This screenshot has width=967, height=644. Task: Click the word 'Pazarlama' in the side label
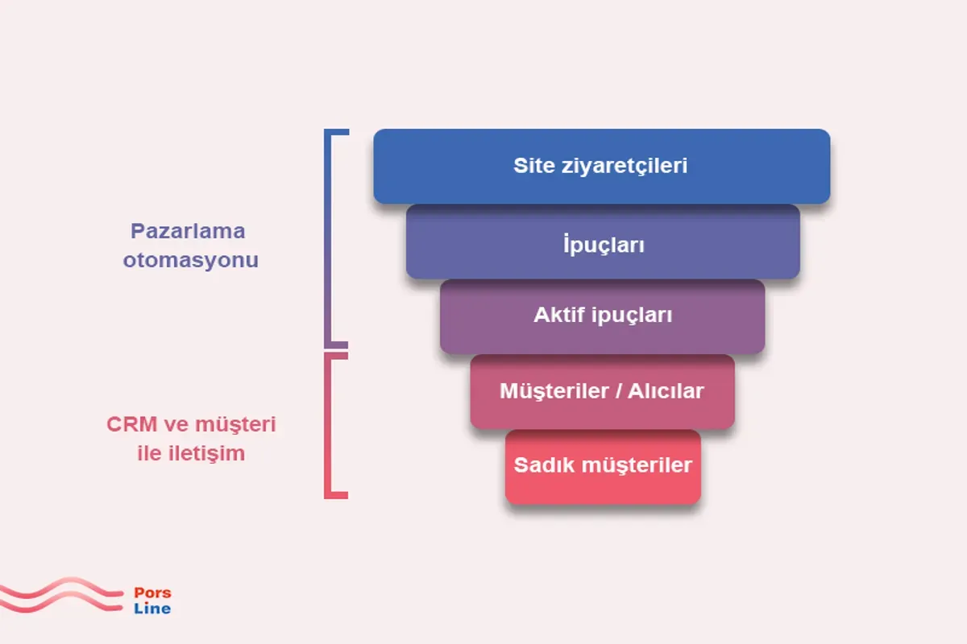point(188,232)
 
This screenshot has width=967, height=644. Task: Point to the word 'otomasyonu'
point(191,261)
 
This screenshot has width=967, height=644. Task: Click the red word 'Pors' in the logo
point(152,593)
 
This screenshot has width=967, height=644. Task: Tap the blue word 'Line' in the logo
point(152,609)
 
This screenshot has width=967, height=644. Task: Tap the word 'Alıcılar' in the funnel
point(667,391)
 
